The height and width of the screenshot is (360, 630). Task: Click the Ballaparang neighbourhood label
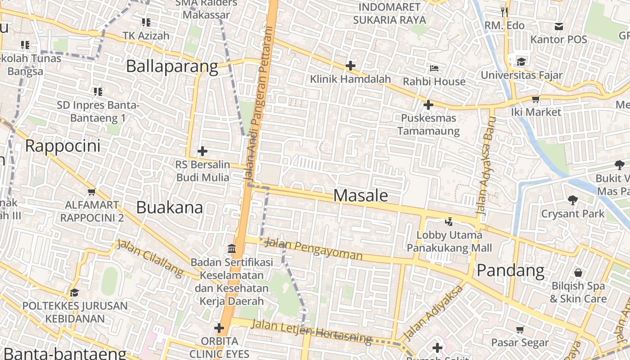[x=172, y=66]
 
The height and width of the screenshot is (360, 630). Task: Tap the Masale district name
[x=360, y=195]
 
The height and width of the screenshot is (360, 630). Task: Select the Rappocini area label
[x=63, y=146]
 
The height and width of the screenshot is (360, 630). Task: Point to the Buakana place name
[x=169, y=207]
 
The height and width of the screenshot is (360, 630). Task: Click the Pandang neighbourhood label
[x=510, y=270]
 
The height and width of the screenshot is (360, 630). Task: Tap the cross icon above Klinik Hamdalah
[x=350, y=66]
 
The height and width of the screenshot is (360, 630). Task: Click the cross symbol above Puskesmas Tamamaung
[x=428, y=105]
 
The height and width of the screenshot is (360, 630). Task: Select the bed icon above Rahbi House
[x=434, y=68]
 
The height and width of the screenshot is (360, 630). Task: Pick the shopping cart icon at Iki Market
[x=535, y=99]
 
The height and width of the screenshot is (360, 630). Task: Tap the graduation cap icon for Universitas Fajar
[x=521, y=62]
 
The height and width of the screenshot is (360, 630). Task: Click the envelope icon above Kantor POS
[x=558, y=27]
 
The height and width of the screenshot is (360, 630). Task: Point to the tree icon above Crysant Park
[x=572, y=200]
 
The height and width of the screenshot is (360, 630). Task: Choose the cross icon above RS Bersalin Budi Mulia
[x=202, y=151]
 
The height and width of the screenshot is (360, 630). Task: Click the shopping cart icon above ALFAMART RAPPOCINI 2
[x=92, y=192]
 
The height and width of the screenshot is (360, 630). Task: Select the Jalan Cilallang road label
[x=150, y=258]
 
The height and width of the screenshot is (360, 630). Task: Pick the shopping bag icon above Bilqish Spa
[x=578, y=273]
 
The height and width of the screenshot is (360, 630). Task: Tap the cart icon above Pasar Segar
[x=520, y=329]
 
